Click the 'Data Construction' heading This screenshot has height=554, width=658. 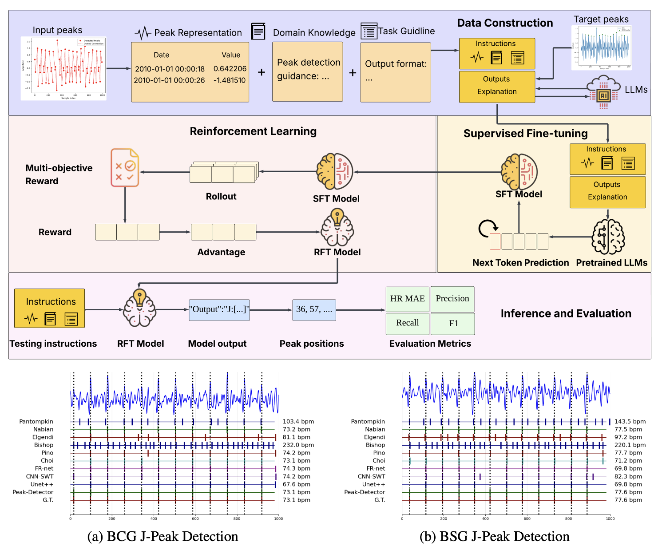(x=505, y=23)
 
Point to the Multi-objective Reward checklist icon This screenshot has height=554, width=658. (x=125, y=167)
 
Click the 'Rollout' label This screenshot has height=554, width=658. (x=221, y=196)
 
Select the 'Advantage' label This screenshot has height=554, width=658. (x=221, y=252)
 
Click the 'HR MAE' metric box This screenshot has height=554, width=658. (x=407, y=299)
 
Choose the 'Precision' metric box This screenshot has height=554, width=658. (x=452, y=299)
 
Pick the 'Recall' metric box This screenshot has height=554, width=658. (x=407, y=323)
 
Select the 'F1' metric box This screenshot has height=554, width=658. (x=453, y=324)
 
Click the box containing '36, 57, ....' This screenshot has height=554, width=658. (x=314, y=309)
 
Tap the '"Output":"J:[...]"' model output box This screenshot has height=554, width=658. (x=219, y=309)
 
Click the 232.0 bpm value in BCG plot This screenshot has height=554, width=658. (x=298, y=445)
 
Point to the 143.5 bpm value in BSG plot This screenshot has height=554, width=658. (x=630, y=422)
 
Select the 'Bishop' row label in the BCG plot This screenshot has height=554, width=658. (x=44, y=445)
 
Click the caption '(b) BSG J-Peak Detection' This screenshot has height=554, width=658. (x=494, y=536)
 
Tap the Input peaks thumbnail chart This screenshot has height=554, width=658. (x=63, y=68)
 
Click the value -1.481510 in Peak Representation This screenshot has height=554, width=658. (x=230, y=80)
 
